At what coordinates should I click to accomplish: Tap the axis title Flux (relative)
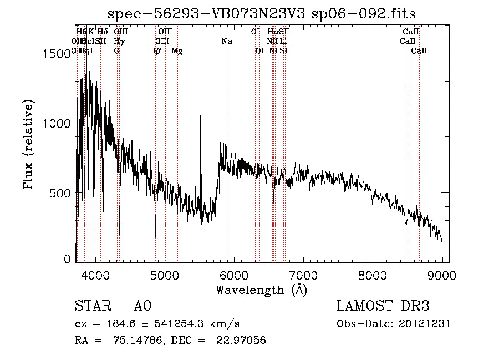click(29, 145)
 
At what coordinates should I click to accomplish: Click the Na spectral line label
click(226, 42)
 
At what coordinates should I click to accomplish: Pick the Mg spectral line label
click(177, 51)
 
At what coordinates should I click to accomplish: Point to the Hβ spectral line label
click(155, 51)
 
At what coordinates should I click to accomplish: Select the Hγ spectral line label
click(119, 42)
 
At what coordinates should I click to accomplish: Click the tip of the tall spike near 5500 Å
click(201, 81)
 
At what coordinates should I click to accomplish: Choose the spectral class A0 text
click(142, 306)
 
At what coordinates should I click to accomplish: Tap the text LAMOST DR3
click(383, 306)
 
